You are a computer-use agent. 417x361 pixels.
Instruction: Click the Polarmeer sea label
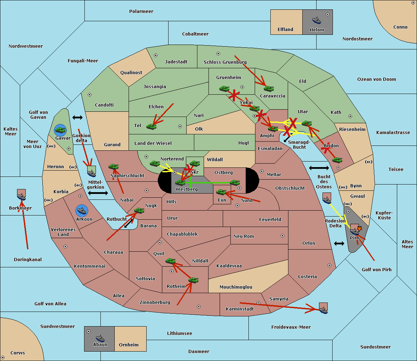point(141,11)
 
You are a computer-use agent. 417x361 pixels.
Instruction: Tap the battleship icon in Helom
point(317,20)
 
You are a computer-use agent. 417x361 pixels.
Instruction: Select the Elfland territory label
point(285,30)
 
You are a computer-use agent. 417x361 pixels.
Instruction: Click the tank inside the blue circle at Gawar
point(60,130)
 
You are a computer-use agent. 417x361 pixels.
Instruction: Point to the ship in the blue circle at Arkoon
point(82,210)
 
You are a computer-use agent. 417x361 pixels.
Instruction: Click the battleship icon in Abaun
point(100,338)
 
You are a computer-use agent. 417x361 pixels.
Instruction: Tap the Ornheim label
point(129,345)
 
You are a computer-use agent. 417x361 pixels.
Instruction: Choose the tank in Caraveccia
point(269,89)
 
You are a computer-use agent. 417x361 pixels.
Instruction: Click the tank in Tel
point(151,126)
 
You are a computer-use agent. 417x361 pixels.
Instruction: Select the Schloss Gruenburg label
point(225,62)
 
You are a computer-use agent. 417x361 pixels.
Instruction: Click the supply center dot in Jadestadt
point(156,55)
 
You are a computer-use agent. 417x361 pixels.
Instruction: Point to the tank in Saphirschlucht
point(113,167)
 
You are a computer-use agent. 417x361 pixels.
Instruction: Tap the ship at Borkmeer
point(22,196)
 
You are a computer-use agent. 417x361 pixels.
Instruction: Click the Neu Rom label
point(244,236)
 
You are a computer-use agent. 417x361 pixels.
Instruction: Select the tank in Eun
point(221,192)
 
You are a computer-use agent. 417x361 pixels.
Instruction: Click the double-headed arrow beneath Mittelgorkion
point(98,193)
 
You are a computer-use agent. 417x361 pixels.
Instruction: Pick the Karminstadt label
point(240,309)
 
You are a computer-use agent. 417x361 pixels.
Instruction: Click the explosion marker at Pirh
point(359,228)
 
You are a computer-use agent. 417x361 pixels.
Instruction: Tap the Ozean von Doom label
point(376,79)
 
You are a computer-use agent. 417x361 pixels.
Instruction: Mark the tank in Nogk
point(139,211)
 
